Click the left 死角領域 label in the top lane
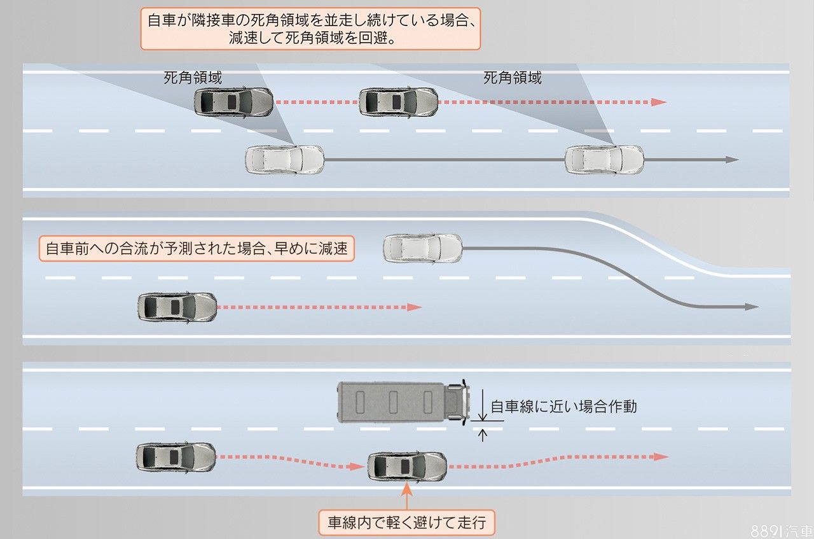tap(193, 78)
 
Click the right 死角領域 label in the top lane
tap(513, 78)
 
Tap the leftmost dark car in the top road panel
tap(233, 101)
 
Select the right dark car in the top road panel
tap(398, 102)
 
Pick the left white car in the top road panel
tap(285, 159)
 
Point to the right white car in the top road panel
tap(604, 159)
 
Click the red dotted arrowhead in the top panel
tap(659, 102)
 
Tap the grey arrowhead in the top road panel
tap(733, 159)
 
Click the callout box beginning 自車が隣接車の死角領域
tap(310, 29)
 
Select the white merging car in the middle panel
tap(423, 248)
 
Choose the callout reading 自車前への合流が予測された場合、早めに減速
tap(197, 248)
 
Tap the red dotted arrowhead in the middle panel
tap(415, 307)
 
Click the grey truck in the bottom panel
tap(403, 401)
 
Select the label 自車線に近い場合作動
tap(563, 406)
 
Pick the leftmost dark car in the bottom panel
tap(176, 456)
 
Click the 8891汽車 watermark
tap(781, 531)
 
